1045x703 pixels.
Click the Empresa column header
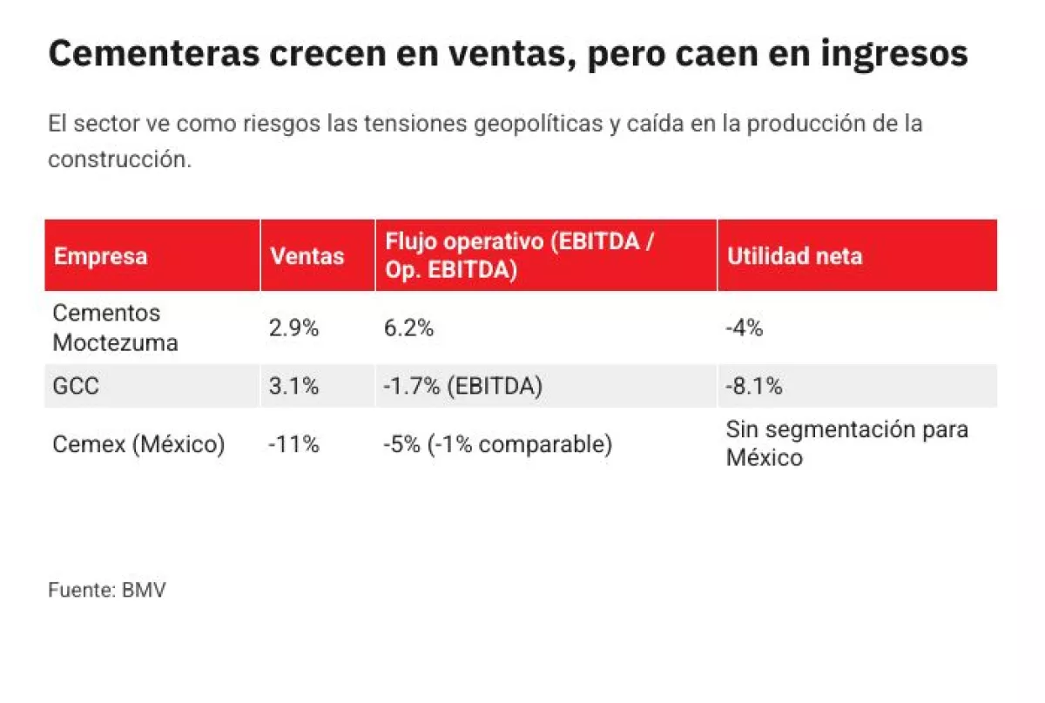click(100, 256)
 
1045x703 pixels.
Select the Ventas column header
click(307, 256)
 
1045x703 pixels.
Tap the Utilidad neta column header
click(794, 256)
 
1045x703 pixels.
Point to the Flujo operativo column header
click(518, 256)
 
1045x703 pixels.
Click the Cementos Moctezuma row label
click(115, 328)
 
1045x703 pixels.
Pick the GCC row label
click(76, 386)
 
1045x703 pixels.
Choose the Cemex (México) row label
click(138, 444)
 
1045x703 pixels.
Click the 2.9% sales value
click(293, 328)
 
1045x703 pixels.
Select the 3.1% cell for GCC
click(293, 386)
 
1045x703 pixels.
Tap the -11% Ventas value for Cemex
click(293, 444)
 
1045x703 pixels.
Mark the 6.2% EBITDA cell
click(408, 328)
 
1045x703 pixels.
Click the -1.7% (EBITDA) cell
click(462, 386)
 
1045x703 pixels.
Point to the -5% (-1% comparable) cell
click(497, 444)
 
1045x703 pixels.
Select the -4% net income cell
click(745, 328)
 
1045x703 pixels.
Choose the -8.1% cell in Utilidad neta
click(754, 386)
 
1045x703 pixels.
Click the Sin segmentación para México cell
click(846, 443)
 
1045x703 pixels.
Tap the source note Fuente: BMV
click(106, 590)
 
